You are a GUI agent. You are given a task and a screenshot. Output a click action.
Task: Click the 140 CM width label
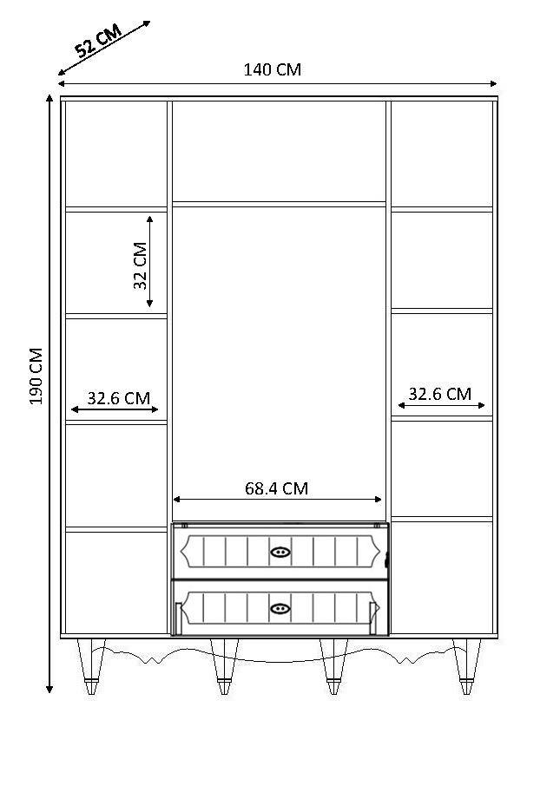coord(272,69)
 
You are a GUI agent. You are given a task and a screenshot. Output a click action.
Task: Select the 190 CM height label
coord(36,376)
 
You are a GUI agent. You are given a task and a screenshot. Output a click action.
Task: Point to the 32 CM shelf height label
coord(140,265)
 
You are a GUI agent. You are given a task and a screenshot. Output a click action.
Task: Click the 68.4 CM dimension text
coord(276,488)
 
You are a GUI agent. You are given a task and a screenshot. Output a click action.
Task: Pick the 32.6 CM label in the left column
coord(118,398)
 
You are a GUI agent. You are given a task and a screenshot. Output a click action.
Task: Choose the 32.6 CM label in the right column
coord(439,394)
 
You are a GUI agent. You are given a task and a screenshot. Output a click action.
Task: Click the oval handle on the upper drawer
coord(280,552)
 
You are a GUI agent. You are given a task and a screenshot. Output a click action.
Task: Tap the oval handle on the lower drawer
coord(280,608)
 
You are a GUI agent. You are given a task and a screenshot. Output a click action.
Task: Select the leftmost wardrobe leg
coord(91,665)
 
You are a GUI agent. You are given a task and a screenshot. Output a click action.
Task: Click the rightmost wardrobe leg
coord(466,665)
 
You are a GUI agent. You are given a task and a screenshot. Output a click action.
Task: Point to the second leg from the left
coord(224,665)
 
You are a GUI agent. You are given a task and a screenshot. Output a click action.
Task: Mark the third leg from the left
coord(333,665)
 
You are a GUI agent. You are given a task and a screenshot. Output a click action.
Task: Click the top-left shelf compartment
coord(115,154)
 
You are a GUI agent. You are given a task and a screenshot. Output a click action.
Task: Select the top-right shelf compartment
coord(442,154)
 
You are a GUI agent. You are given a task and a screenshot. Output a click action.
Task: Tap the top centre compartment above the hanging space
coord(279,151)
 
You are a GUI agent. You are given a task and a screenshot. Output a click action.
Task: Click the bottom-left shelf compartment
coord(115,582)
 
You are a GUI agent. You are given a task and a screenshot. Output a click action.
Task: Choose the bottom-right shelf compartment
coord(442,577)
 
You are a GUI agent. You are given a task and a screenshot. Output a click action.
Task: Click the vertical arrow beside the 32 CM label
coord(150,261)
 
